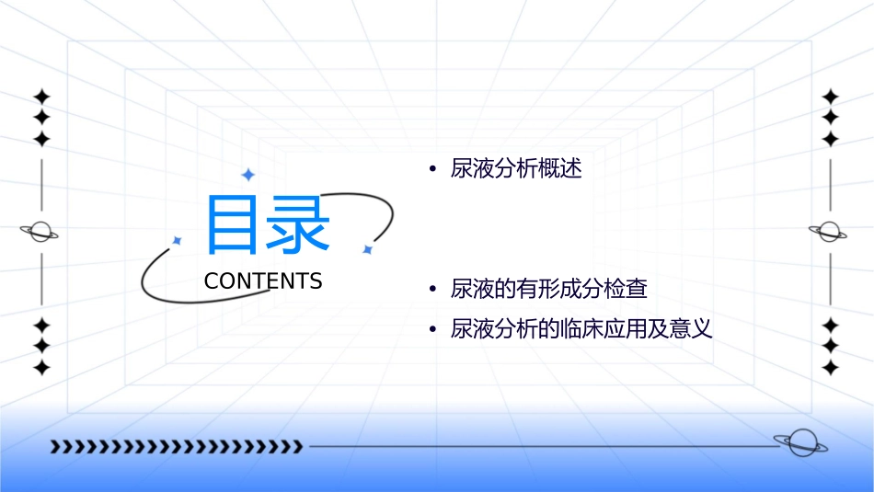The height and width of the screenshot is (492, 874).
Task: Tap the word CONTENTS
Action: tap(263, 281)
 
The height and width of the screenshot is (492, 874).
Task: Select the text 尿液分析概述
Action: tap(516, 169)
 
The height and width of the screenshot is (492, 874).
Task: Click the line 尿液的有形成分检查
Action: tap(549, 289)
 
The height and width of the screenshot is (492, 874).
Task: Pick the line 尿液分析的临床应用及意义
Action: tap(581, 328)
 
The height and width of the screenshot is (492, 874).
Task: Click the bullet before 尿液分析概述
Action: tap(431, 170)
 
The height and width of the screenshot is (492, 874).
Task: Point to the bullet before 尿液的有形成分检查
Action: tap(431, 290)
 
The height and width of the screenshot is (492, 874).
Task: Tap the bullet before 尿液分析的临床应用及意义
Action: tap(431, 329)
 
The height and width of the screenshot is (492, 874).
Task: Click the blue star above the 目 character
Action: tap(247, 175)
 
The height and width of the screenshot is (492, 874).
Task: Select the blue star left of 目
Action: tap(178, 240)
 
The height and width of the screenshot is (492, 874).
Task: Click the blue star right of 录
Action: tap(366, 249)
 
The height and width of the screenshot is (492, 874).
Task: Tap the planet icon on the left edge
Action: tap(40, 232)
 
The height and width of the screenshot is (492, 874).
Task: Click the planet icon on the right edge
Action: tap(829, 232)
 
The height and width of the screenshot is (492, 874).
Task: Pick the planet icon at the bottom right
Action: tap(799, 443)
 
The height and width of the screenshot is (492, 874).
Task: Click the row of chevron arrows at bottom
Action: tap(176, 447)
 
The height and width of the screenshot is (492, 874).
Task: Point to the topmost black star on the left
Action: tap(41, 97)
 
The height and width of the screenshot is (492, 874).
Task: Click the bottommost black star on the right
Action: tap(831, 368)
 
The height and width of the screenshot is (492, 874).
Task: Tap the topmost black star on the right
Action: tap(831, 97)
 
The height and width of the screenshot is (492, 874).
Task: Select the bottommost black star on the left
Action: tap(41, 368)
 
